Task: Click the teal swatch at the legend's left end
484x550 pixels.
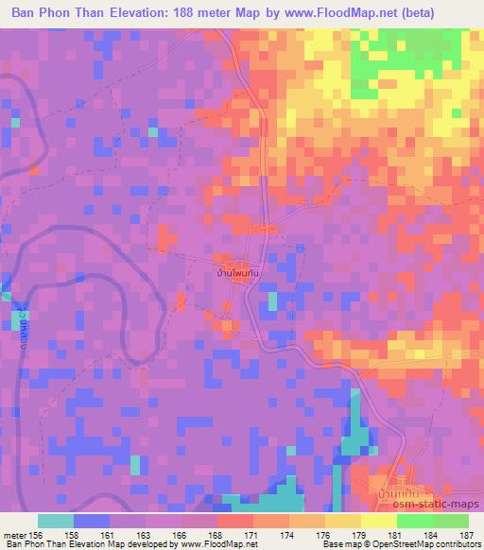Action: tap(56, 521)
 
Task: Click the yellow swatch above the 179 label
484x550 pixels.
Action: tap(342, 521)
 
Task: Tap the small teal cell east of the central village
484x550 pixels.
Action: tap(273, 301)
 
